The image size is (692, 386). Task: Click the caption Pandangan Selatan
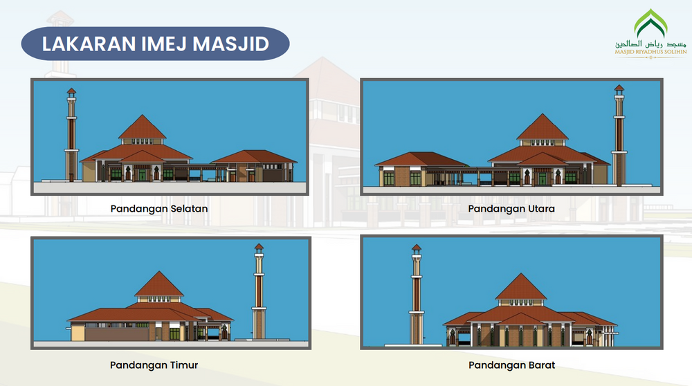tap(159, 208)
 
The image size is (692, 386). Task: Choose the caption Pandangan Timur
tap(158, 365)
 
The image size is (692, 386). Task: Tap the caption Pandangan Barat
tap(511, 365)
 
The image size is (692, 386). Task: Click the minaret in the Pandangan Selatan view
tap(71, 138)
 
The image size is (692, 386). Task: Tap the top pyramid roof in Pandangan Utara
tap(543, 127)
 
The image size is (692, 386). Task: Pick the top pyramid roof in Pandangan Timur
tap(159, 284)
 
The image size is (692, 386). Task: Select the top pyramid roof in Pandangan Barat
tap(517, 286)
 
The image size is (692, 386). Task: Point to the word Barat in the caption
tap(540, 365)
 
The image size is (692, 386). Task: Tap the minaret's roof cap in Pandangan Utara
tap(619, 89)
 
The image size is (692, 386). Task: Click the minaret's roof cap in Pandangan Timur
tap(259, 246)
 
